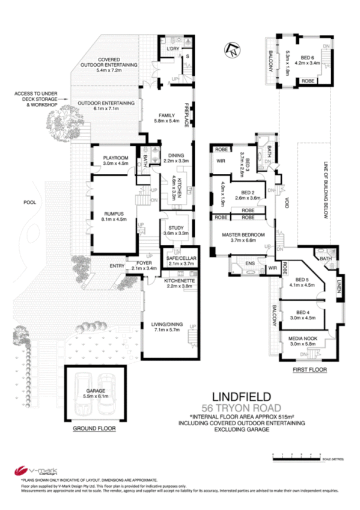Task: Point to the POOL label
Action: (31, 203)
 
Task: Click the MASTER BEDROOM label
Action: (239, 234)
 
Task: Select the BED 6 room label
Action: (309, 57)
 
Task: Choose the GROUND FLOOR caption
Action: (94, 429)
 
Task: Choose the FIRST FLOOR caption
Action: (309, 370)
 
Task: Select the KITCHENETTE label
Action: (178, 280)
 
